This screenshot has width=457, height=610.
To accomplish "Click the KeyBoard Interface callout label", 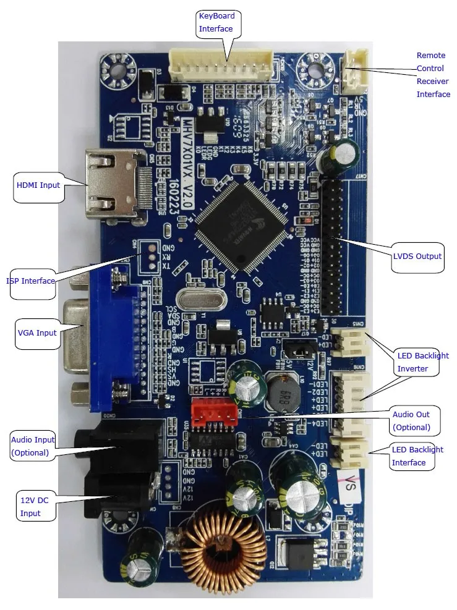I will coord(216,22).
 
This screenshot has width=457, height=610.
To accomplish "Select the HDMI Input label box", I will coord(38,185).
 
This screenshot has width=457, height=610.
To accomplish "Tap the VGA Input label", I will coord(37,333).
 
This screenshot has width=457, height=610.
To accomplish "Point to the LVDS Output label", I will coord(417,256).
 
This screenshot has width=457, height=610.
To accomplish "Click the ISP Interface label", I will coord(31,281).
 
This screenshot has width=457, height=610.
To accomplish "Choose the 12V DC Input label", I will coord(30,507).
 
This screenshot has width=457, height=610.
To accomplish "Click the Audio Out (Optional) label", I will coord(411,420).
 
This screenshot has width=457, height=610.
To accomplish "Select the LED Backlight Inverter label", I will coord(422,362).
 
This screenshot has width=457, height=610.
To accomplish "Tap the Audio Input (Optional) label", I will coord(33,446).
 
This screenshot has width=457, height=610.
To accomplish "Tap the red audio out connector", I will coord(213,412).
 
